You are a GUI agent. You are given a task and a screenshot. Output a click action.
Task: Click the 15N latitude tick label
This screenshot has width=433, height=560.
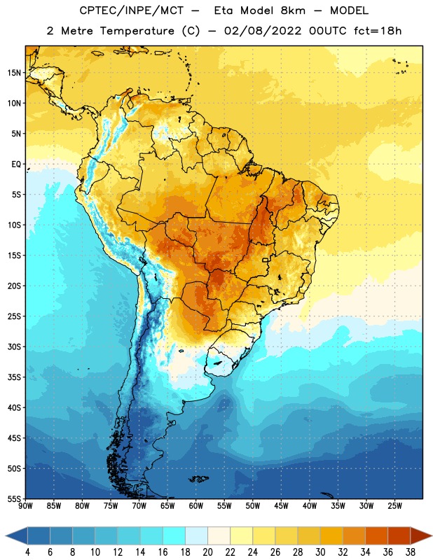point(14,73)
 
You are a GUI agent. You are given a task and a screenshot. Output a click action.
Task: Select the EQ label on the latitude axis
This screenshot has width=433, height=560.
point(16,164)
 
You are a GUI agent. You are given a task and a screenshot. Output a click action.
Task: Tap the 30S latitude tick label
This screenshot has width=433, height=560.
point(14,346)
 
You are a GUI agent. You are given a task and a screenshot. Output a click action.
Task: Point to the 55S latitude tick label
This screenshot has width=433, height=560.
point(14,498)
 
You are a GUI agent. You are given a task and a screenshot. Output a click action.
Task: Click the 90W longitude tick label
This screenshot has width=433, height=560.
point(26,506)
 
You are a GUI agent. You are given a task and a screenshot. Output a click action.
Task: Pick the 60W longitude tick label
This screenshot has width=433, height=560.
point(196,506)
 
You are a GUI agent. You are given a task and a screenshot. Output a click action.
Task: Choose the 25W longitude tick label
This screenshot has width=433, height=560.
point(394,506)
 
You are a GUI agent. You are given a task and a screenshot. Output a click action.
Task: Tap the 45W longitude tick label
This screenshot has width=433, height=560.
point(281,506)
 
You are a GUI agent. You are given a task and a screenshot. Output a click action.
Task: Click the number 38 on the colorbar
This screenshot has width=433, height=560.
point(410,552)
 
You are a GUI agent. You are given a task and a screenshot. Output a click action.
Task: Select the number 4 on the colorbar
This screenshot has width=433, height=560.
point(27,552)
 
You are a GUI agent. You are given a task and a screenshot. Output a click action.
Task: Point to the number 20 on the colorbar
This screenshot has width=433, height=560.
point(207,552)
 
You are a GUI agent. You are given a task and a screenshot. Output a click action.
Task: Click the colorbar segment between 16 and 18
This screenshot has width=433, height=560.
point(174,536)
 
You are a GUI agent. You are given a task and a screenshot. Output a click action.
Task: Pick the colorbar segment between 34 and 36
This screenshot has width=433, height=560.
point(376,536)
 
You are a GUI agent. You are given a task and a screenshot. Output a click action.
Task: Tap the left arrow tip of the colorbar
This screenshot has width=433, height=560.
point(6,536)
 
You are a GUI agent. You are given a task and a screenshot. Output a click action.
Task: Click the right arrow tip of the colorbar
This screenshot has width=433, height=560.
point(432,536)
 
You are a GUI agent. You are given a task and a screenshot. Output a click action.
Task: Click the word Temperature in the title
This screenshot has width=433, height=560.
point(137,31)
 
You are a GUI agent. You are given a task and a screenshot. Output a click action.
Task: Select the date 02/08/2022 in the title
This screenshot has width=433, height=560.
point(263,31)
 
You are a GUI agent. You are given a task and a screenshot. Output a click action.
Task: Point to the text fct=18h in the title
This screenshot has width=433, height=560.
point(378,31)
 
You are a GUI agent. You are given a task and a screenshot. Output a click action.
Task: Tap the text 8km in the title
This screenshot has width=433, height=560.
point(293,10)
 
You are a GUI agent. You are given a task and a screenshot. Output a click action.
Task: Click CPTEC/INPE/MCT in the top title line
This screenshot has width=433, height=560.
point(131,10)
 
